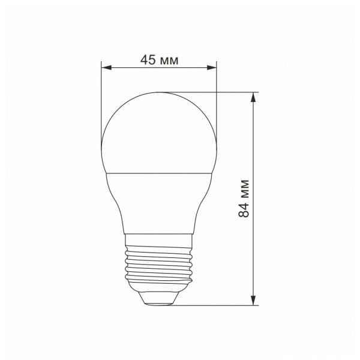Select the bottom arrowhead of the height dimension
pyautogui.click(x=254, y=299)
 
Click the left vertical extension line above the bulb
pyautogui.click(x=102, y=96)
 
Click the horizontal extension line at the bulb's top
pyautogui.click(x=234, y=92)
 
